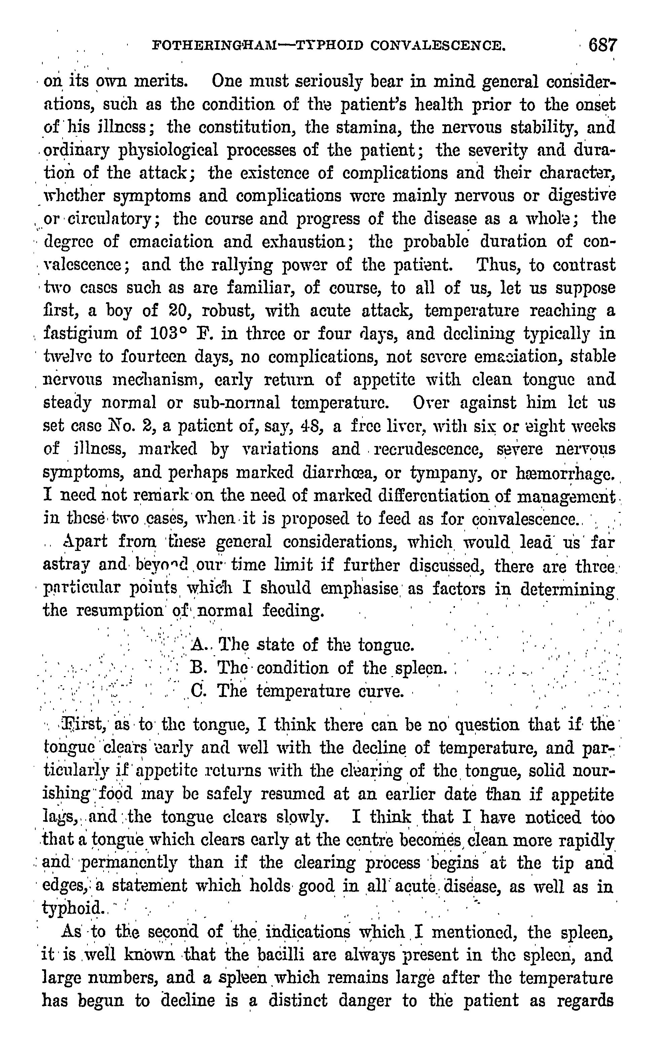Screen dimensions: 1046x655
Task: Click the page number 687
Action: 602,45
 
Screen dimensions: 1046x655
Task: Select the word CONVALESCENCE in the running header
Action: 438,45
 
